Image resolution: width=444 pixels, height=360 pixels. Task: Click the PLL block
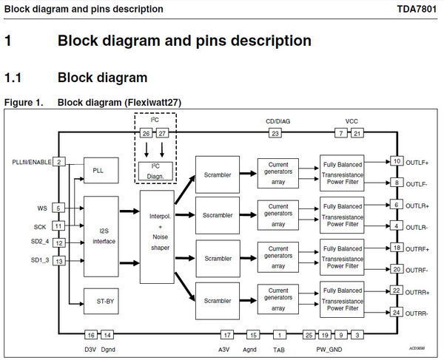coord(100,170)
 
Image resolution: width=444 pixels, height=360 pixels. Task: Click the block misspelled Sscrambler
coord(218,216)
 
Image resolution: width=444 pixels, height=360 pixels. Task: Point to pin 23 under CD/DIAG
coord(276,134)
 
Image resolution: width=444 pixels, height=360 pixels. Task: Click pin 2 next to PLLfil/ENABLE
coord(58,162)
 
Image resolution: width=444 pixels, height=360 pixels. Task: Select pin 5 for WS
coord(58,208)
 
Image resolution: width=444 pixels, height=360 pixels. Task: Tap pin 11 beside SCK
coord(58,225)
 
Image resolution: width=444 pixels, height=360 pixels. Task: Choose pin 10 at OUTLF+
coord(397,161)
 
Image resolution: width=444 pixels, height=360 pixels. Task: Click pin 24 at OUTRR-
coord(397,313)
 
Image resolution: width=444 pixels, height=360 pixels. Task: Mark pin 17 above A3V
coord(228,334)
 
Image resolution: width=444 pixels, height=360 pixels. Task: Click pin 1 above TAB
coord(280,334)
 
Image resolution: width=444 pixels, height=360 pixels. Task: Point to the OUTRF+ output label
coord(418,248)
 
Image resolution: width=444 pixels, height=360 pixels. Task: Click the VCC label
coord(351,120)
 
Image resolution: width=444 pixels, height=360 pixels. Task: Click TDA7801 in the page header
coord(418,9)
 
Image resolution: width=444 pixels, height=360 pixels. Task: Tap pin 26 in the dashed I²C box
coord(147,134)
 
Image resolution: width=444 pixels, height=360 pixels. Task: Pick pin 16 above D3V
coord(90,334)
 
